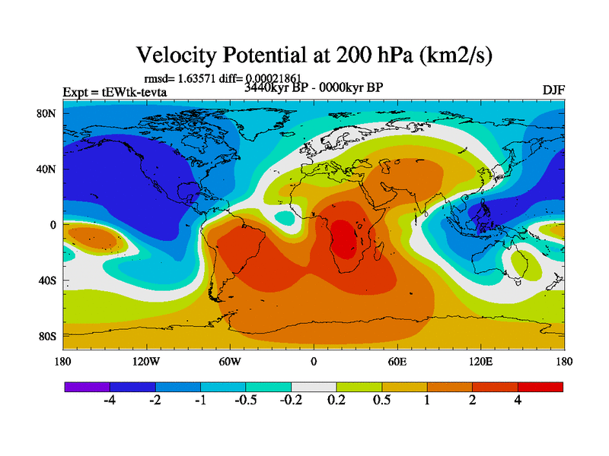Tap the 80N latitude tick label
[x=48, y=113]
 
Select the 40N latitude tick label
[x=48, y=169]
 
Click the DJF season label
[x=553, y=90]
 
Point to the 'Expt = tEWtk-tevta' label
[x=114, y=93]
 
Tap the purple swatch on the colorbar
[x=87, y=387]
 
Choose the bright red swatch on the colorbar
[x=540, y=387]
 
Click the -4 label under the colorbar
[x=110, y=401]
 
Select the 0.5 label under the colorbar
[x=381, y=401]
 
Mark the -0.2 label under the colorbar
[x=291, y=401]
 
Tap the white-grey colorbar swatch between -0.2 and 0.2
[x=314, y=387]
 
